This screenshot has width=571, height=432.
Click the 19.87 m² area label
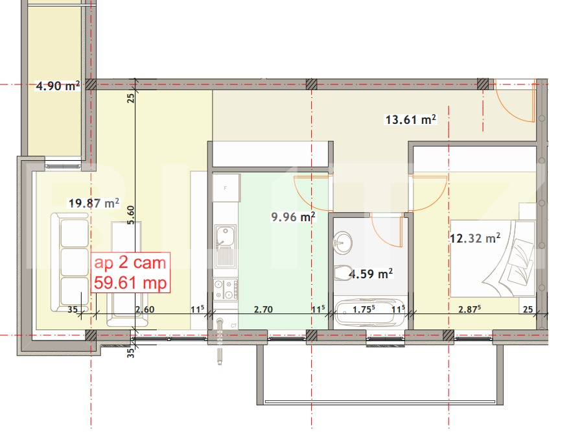click(x=94, y=203)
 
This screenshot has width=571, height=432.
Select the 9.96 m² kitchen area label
click(x=294, y=217)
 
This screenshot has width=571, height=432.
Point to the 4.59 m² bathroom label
click(x=371, y=274)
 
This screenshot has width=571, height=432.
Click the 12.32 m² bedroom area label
click(x=474, y=238)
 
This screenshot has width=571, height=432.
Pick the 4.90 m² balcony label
click(x=58, y=85)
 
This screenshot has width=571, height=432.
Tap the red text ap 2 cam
click(x=130, y=263)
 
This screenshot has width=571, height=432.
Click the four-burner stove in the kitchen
click(x=224, y=289)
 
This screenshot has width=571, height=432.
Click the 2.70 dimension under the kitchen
click(x=263, y=309)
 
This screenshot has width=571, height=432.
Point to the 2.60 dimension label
click(x=145, y=309)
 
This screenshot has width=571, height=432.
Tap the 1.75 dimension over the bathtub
click(x=364, y=309)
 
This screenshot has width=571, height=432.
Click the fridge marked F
click(x=224, y=188)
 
